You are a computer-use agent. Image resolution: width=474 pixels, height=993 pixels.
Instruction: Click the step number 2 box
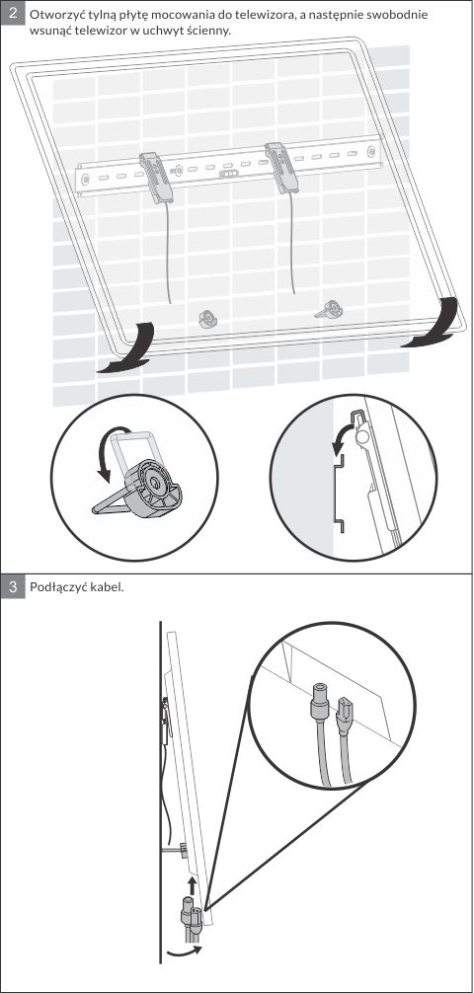pos(13,13)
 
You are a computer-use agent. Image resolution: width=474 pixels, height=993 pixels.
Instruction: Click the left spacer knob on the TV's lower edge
pos(207,318)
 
